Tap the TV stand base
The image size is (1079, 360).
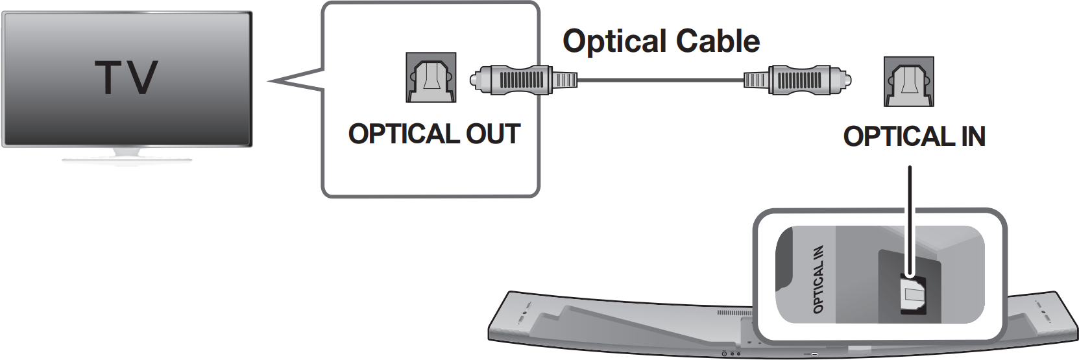[x=127, y=156]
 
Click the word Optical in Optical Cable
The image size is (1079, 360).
[x=614, y=42]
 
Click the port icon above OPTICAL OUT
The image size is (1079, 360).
[x=431, y=78]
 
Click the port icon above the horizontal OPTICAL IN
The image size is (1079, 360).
[x=908, y=82]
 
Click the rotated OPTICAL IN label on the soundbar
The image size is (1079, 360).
[x=818, y=279]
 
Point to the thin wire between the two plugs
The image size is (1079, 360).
[x=659, y=80]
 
